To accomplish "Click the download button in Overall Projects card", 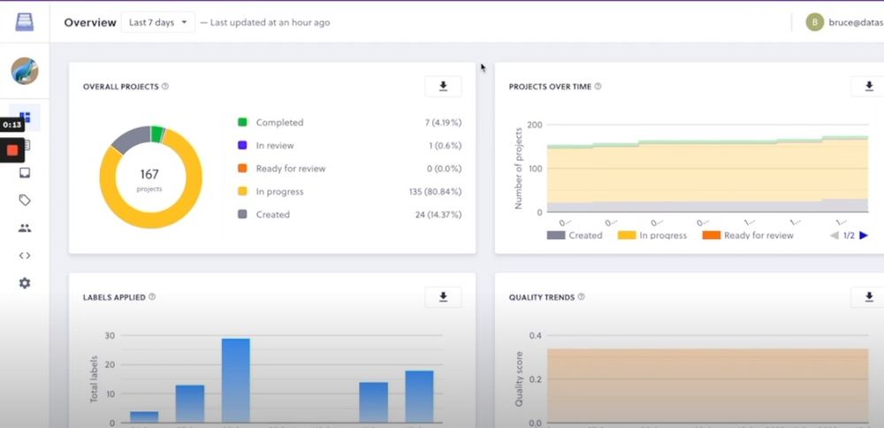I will (443, 86).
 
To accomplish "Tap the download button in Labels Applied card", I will (443, 297).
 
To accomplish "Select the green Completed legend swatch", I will (242, 122).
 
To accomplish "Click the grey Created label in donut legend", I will (273, 214).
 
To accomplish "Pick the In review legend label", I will (275, 145).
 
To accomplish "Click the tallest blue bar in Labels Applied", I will (235, 380).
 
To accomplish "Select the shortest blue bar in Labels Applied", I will (144, 417).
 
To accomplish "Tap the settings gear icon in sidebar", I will (25, 283).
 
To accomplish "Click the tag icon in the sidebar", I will (25, 200).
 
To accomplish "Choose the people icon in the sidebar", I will (25, 227).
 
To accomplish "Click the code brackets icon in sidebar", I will (25, 256).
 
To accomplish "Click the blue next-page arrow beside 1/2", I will (864, 235).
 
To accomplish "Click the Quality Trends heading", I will (542, 297).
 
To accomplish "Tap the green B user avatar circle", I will (815, 22).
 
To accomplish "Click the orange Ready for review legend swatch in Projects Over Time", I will (711, 235).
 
